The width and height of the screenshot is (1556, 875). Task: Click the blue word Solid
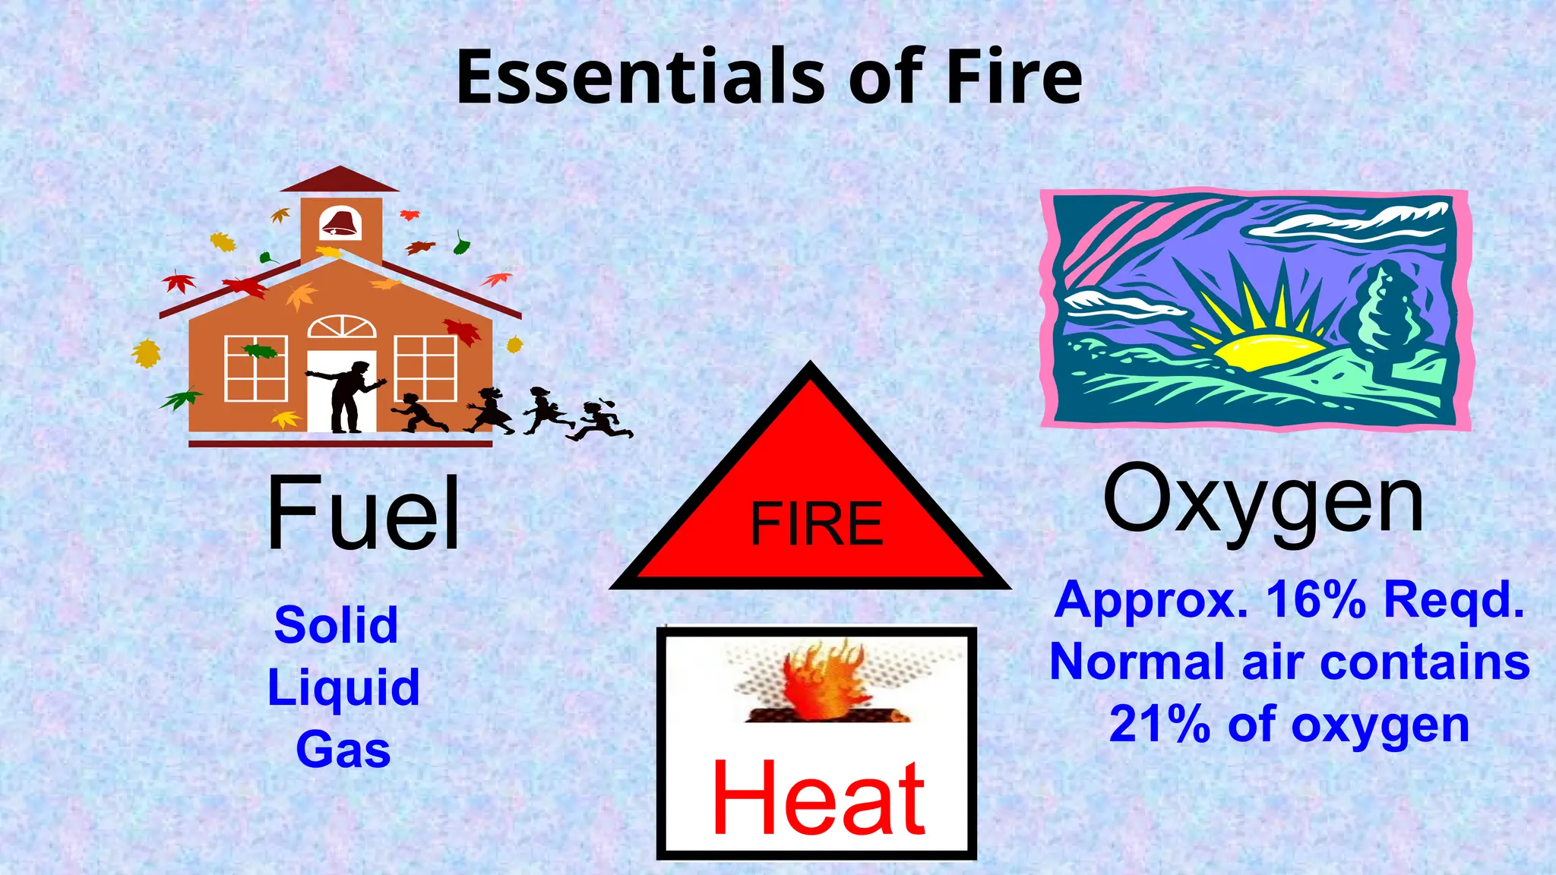336,625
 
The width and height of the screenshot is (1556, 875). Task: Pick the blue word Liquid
343,687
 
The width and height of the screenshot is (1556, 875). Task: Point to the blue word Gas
343,750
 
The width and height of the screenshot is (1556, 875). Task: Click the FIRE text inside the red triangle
817,524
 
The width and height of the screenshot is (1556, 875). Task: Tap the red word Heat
818,799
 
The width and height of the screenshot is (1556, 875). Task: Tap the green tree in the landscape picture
1384,311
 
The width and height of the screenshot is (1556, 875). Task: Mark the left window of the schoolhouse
256,368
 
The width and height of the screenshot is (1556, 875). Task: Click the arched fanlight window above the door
342,327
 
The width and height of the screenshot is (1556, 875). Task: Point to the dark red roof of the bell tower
340,180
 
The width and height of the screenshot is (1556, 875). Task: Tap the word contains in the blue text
1425,662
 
